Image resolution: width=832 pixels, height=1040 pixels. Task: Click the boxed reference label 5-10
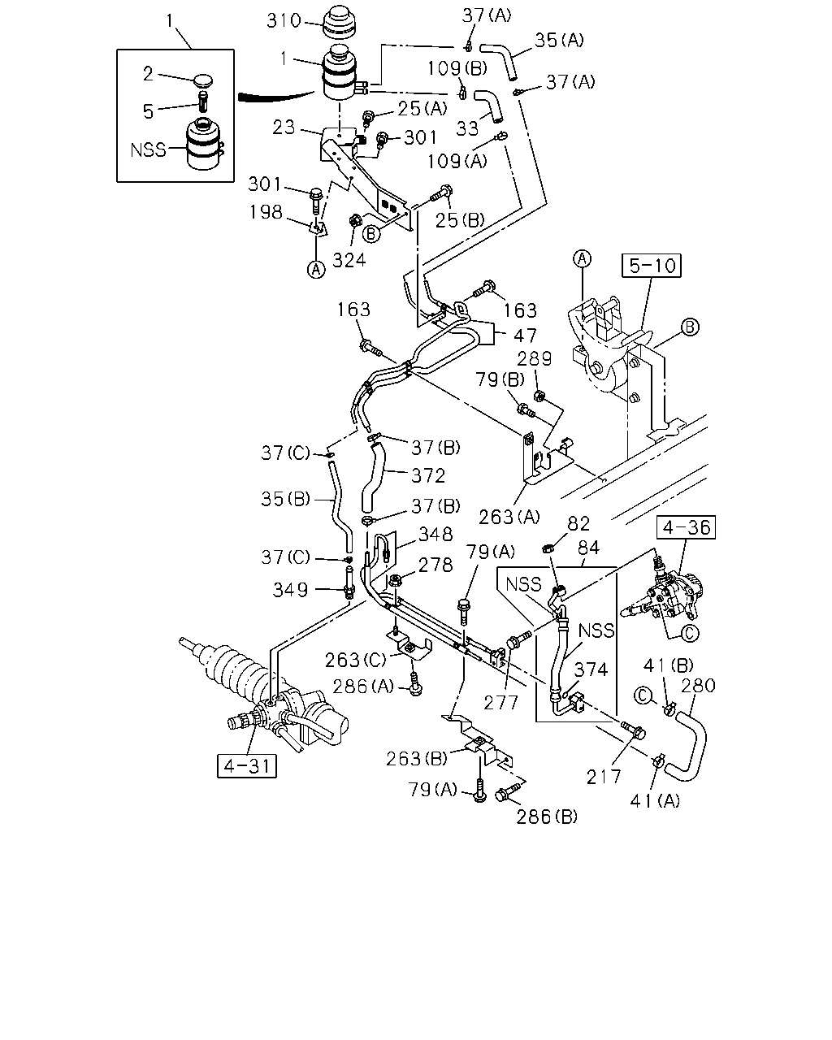pos(651,266)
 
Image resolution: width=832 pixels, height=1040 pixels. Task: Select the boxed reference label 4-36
pos(686,527)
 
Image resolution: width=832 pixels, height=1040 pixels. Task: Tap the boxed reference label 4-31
pos(246,766)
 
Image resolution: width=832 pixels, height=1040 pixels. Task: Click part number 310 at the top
pos(284,21)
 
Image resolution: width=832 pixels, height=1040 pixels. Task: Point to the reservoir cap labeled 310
pos(340,22)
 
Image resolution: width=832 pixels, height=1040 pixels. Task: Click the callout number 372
pos(428,475)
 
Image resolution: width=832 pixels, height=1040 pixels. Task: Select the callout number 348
pos(435,534)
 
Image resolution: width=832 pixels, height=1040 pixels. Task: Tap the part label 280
pos(698,685)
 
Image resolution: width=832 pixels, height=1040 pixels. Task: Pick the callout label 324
pos(349,261)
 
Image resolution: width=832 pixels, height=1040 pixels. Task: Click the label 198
pos(266,212)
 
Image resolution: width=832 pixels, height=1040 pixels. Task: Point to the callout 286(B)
pos(547,817)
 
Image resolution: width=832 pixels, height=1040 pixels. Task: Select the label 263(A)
pos(509,518)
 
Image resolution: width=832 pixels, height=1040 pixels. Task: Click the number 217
pos(604,777)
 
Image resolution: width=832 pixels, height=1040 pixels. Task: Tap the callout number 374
pos(591,669)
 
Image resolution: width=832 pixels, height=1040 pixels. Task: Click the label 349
pos(290,590)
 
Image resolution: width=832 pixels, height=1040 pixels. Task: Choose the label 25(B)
pos(460,220)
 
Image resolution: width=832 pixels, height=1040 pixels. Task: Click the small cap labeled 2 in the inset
pos(203,80)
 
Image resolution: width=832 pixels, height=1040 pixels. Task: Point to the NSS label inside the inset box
pos(148,149)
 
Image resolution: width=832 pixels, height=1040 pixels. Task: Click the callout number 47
pos(526,336)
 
